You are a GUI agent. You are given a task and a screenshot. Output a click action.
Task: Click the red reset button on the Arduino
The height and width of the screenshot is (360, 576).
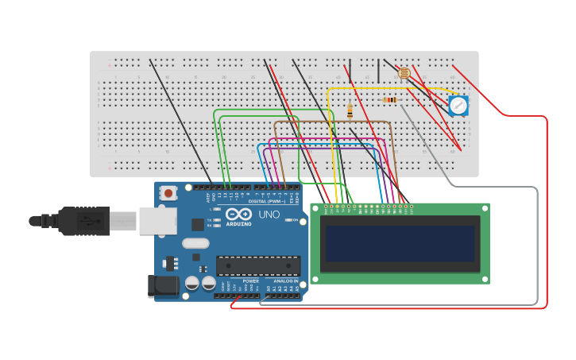point(168,192)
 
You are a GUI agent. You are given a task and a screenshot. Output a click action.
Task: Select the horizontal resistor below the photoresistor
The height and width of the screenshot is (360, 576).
point(390,100)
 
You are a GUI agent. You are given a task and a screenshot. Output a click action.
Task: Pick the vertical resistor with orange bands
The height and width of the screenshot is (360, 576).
point(350,112)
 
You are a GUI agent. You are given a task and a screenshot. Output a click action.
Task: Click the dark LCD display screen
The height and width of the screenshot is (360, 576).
point(400,243)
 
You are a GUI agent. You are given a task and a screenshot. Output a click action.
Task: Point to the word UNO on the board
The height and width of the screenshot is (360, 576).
point(269,215)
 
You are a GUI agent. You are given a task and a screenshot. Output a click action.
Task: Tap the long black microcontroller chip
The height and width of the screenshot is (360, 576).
point(258,266)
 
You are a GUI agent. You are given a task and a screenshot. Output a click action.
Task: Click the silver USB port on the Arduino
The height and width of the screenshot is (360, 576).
point(157,221)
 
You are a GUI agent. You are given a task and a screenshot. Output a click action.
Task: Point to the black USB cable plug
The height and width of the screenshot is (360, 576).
point(83,221)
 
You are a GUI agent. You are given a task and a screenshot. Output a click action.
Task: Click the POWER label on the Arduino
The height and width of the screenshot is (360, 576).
point(250,281)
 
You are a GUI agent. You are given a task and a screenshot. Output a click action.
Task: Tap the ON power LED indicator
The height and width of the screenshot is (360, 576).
point(295,220)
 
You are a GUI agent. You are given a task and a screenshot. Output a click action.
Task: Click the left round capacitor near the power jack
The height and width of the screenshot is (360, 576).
point(192,283)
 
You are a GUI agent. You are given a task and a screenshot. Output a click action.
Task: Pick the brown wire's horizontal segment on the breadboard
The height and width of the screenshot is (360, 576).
point(334,122)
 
